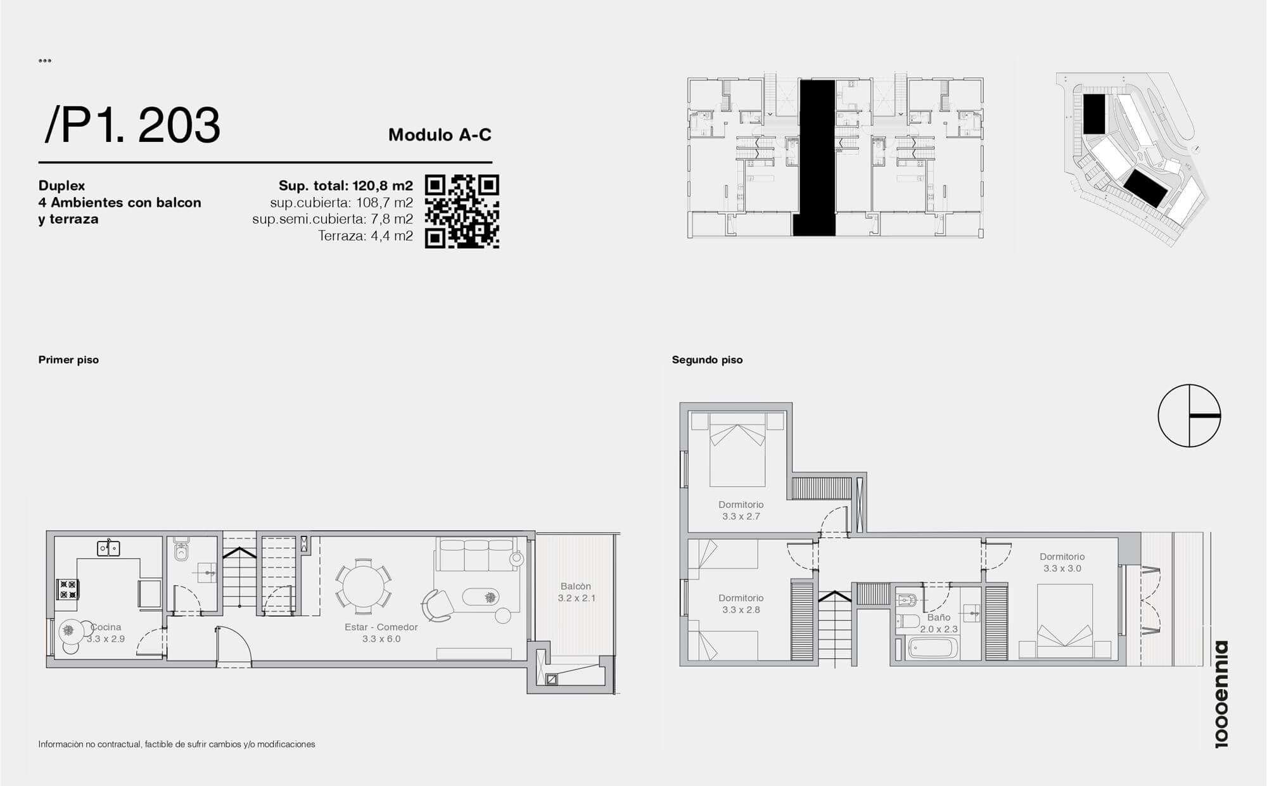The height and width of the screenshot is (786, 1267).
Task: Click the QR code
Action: point(462,212)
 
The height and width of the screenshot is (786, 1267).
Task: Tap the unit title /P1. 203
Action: point(132,125)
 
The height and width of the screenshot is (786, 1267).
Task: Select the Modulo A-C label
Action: point(440,135)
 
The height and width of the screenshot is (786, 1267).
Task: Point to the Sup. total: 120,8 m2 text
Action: point(346,186)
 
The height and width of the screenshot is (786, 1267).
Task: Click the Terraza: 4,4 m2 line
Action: point(366,236)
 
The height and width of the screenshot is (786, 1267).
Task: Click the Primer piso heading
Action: point(68,360)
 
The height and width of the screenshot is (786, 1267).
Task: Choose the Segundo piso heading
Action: point(707,360)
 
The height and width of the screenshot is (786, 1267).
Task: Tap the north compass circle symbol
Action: point(1189,415)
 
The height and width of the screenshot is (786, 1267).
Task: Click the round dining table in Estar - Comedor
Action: point(363,586)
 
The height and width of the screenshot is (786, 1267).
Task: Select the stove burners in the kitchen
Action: point(68,590)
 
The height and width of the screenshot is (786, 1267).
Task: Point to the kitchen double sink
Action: point(108,548)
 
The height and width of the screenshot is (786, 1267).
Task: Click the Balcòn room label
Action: point(576,586)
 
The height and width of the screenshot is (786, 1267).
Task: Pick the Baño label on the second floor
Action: point(939,617)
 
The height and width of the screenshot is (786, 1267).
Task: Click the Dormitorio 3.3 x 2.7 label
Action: point(741,510)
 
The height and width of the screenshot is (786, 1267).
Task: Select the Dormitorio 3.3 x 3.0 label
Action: point(1062,562)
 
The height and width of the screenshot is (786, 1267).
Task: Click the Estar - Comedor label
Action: point(381,627)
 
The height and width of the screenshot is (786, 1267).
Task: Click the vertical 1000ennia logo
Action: point(1221,694)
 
